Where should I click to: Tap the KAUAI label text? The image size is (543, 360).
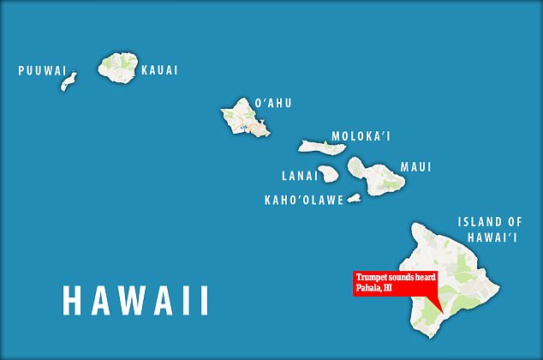[159, 70]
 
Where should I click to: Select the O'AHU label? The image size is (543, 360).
[272, 103]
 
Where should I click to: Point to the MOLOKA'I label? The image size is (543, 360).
[361, 137]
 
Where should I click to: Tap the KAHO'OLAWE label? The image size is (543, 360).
[304, 200]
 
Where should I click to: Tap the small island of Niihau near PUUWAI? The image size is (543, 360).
[68, 82]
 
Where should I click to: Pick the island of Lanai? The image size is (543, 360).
[329, 173]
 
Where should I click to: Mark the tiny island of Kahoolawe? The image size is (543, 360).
[353, 198]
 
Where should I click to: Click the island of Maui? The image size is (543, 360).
[377, 175]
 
